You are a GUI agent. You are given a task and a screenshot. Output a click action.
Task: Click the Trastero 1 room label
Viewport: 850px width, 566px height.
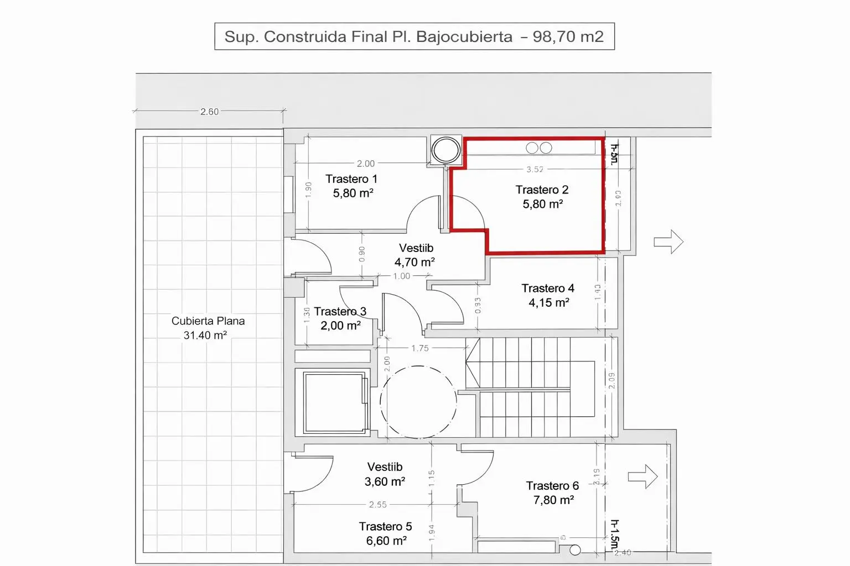351,179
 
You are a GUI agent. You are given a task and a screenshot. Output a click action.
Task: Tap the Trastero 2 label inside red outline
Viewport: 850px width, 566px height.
542,190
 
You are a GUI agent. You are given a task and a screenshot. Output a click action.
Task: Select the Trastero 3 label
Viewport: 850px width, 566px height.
340,312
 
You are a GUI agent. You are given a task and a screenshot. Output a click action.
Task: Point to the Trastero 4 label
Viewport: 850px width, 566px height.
548,289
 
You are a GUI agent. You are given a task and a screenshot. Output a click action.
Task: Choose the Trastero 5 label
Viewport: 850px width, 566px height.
385,527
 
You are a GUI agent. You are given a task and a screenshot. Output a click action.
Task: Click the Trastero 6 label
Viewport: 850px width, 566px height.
552,486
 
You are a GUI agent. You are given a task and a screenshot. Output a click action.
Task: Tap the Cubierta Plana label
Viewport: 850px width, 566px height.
208,321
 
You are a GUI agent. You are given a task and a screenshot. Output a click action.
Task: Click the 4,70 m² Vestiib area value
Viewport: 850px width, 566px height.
414,263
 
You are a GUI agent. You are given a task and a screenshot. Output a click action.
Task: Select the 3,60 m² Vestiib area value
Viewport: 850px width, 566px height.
385,482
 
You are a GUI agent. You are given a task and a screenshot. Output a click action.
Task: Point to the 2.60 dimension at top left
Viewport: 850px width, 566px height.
209,112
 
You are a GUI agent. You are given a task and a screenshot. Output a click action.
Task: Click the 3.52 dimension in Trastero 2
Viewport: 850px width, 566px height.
535,170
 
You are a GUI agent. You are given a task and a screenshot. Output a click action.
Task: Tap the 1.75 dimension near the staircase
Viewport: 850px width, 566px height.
419,348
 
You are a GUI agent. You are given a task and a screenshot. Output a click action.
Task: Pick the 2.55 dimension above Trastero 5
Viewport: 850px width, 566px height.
378,505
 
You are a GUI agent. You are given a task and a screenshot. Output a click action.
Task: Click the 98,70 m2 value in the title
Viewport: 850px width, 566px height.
568,37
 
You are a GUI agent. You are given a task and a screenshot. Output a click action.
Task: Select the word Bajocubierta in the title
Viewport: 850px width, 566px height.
464,37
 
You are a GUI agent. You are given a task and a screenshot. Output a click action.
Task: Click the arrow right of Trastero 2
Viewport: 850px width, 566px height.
668,242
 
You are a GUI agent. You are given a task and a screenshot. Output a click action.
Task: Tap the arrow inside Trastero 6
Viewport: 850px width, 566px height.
642,476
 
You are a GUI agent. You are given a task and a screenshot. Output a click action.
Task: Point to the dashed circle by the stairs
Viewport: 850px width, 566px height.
418,402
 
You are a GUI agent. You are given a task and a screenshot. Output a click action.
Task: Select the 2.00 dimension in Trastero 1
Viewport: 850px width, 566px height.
365,164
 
